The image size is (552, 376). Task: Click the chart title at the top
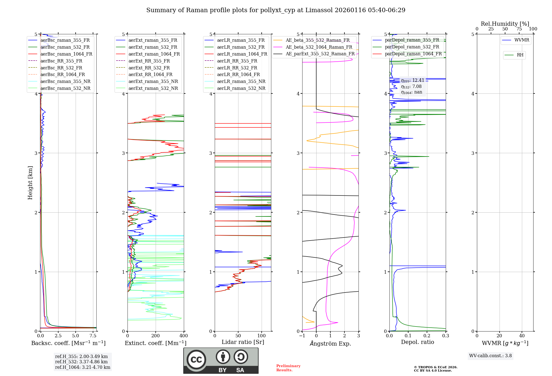click(276, 10)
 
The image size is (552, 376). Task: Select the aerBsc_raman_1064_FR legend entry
click(66, 54)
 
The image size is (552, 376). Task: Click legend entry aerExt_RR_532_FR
click(149, 68)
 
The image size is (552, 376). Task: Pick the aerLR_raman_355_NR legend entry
click(241, 81)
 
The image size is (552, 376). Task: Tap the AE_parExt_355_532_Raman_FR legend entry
click(320, 54)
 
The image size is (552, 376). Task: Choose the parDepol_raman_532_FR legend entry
click(412, 47)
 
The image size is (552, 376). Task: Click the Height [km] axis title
click(30, 182)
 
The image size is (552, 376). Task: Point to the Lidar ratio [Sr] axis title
click(243, 342)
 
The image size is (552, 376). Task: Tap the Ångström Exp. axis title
click(330, 343)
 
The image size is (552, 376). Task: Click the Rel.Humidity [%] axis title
click(505, 24)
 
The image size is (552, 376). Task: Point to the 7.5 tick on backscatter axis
click(93, 336)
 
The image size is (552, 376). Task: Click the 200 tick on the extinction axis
click(156, 336)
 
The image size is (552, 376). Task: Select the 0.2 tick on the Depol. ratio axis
click(427, 336)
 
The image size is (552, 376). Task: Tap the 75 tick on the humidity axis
click(519, 29)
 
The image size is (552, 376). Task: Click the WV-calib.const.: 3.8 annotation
click(490, 356)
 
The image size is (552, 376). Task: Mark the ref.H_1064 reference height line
click(83, 367)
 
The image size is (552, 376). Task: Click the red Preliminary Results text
click(288, 368)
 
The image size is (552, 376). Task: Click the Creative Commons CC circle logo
click(196, 359)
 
